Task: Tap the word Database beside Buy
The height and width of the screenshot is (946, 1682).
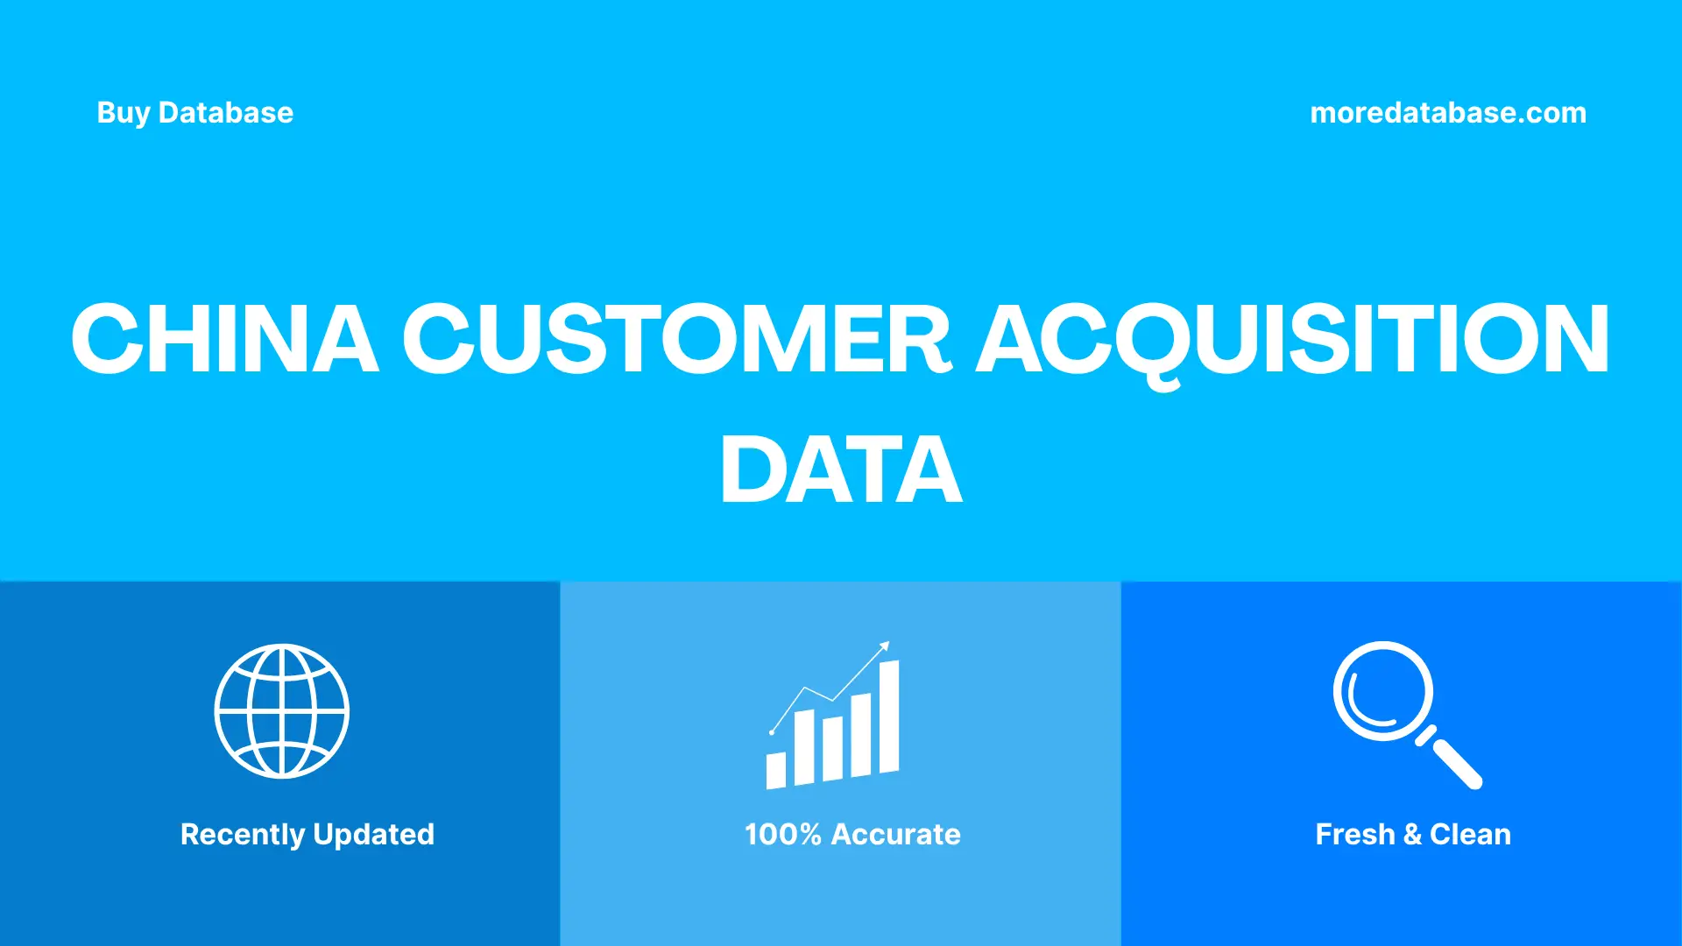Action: (226, 113)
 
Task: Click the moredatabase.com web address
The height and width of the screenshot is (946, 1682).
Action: (1447, 113)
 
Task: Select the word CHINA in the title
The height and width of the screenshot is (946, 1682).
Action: (224, 339)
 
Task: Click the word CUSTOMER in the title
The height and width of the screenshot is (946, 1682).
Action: (676, 339)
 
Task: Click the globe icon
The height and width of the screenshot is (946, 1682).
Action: (282, 711)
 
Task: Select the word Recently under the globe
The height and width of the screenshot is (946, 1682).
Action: (243, 835)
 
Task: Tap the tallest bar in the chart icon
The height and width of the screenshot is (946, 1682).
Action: (889, 717)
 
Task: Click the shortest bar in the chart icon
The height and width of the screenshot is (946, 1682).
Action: (776, 770)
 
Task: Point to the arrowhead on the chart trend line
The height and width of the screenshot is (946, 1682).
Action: (885, 646)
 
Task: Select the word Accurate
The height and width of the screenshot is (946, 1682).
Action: (895, 835)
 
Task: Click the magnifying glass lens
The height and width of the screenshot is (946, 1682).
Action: (1382, 691)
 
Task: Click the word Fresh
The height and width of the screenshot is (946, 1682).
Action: (1354, 835)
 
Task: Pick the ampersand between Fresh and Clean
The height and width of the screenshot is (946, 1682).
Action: (1412, 835)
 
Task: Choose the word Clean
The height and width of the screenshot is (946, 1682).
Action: (1470, 835)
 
